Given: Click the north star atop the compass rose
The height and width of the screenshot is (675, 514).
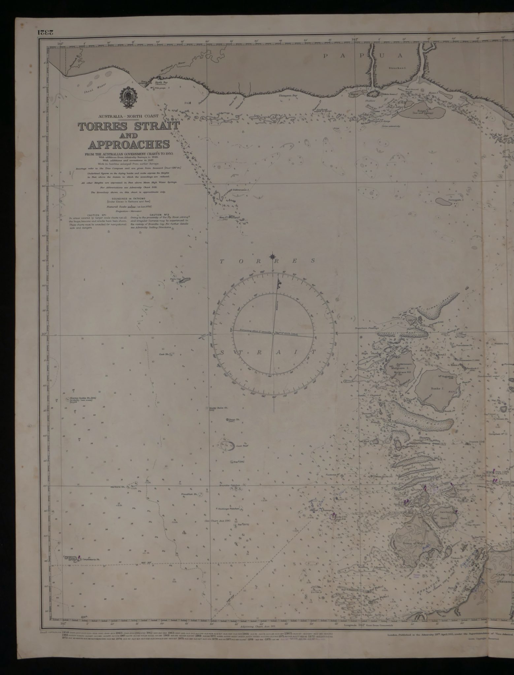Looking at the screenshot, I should click(273, 256).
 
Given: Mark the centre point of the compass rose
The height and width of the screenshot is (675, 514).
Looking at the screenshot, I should click(273, 334).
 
